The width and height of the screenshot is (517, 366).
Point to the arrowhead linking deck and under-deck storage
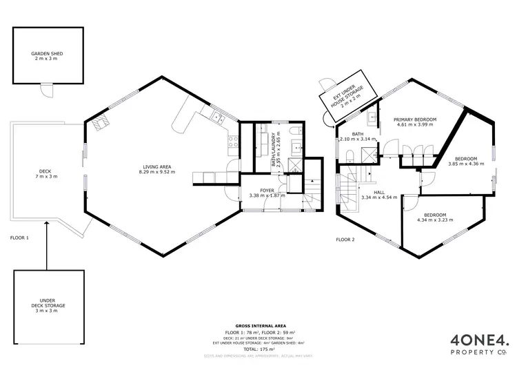(46, 222)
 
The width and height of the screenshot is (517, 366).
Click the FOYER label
(267, 192)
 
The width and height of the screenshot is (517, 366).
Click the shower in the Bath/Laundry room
(295, 164)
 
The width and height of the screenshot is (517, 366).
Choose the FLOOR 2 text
(345, 239)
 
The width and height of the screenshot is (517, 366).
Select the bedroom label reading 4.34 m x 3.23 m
(436, 217)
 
